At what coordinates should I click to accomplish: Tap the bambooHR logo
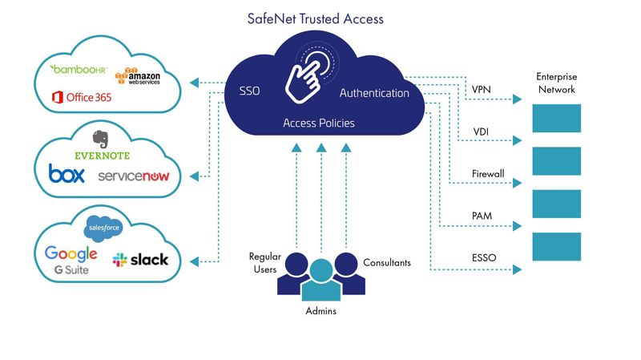click(79, 70)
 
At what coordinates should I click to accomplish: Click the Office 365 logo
click(82, 97)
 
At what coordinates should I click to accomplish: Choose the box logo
click(67, 174)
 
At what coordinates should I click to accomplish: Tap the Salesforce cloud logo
click(103, 226)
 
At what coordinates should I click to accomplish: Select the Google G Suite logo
click(71, 259)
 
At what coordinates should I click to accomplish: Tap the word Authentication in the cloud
click(374, 93)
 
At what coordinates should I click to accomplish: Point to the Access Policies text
click(319, 123)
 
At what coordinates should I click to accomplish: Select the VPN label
click(482, 88)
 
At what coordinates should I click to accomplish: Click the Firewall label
click(488, 173)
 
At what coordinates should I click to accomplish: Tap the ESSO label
click(484, 258)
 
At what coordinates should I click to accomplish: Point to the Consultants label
click(389, 262)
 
